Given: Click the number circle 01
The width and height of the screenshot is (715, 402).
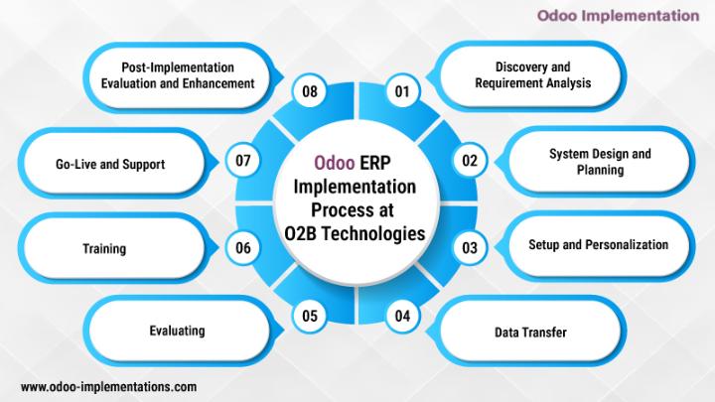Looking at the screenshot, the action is pyautogui.click(x=402, y=91).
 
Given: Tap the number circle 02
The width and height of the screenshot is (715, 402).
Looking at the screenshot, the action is pyautogui.click(x=469, y=161).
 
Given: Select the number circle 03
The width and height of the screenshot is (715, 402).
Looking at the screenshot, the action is pyautogui.click(x=469, y=247).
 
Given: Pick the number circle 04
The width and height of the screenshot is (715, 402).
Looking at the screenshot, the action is pyautogui.click(x=402, y=316).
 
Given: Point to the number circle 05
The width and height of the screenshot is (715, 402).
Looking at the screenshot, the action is pyautogui.click(x=310, y=316).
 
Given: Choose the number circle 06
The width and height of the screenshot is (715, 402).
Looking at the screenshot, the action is pyautogui.click(x=243, y=247).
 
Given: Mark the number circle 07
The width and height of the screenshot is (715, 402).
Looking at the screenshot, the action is pyautogui.click(x=243, y=161).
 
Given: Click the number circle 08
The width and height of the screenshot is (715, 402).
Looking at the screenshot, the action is pyautogui.click(x=310, y=91).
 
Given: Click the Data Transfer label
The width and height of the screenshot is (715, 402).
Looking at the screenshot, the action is pyautogui.click(x=530, y=333).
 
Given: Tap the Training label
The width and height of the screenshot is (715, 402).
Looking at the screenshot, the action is pyautogui.click(x=104, y=249).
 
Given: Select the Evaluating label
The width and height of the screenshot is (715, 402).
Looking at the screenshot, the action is pyautogui.click(x=177, y=331).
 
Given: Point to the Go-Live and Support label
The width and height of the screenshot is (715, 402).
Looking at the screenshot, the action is pyautogui.click(x=110, y=164).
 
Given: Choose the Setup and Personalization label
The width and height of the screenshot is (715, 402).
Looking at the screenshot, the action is pyautogui.click(x=598, y=245).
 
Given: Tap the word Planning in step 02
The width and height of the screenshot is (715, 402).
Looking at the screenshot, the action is pyautogui.click(x=600, y=170).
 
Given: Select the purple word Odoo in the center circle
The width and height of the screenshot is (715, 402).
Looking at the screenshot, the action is pyautogui.click(x=335, y=163).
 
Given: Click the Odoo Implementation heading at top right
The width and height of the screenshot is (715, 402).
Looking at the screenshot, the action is pyautogui.click(x=618, y=16).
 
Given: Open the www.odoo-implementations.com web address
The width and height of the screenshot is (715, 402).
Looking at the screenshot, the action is pyautogui.click(x=108, y=387).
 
